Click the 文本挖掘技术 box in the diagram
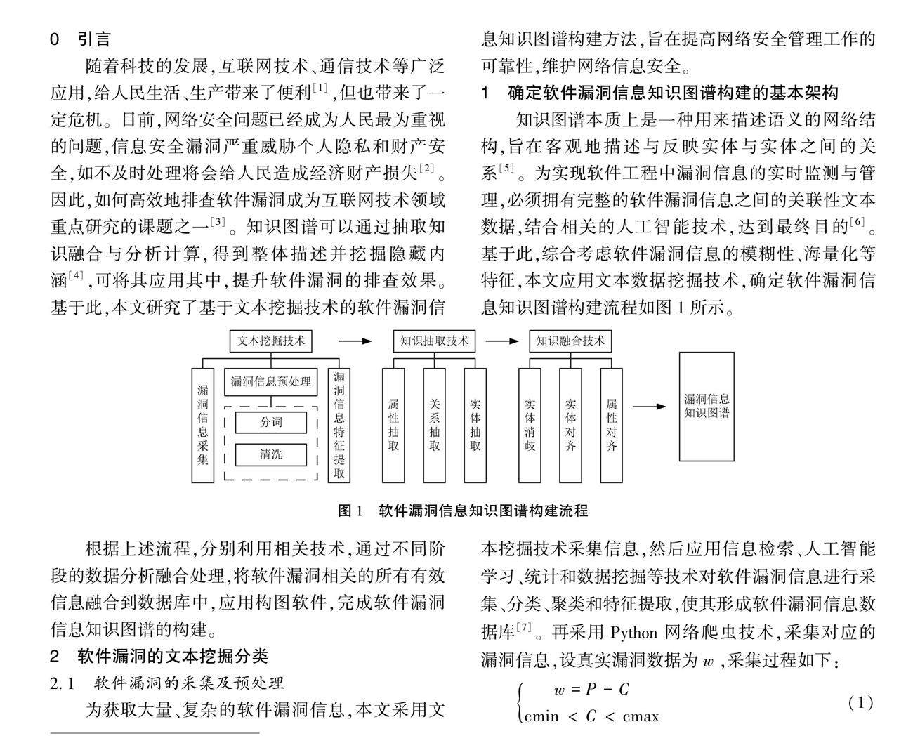(x=271, y=341)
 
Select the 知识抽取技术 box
(x=434, y=341)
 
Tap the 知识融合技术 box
(x=570, y=341)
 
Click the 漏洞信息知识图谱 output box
(x=707, y=407)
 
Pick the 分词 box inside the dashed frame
(x=270, y=423)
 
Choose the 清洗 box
(x=270, y=454)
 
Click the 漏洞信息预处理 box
(x=270, y=382)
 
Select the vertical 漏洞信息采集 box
(x=203, y=425)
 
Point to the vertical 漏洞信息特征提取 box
(x=339, y=425)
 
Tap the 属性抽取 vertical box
(x=393, y=425)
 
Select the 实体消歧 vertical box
(x=530, y=425)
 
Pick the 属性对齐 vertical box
(x=612, y=425)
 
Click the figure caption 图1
(x=349, y=511)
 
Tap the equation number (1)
(x=860, y=702)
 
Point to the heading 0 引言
(x=80, y=39)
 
